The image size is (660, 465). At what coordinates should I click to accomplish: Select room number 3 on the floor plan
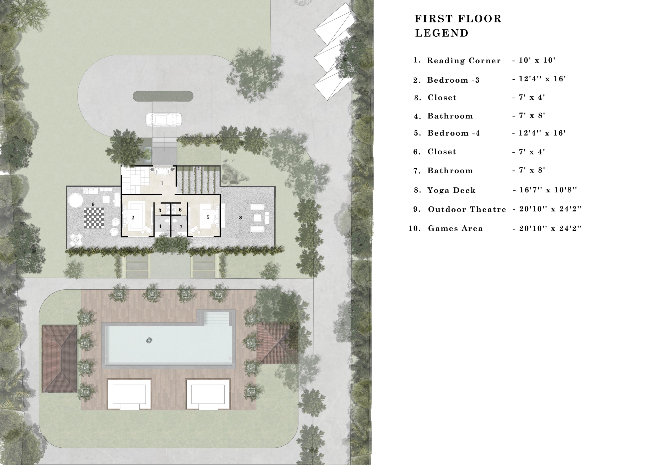pos(160,210)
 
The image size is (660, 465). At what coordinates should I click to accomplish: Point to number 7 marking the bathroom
pos(181,227)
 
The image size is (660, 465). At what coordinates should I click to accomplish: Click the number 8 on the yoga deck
pos(240,218)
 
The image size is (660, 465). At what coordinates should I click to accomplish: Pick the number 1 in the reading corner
pos(162,183)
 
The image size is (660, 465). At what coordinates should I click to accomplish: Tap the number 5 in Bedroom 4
pos(208,217)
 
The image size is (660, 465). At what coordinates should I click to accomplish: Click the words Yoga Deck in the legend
pos(451,190)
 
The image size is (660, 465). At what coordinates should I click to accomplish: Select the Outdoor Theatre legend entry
pos(467,209)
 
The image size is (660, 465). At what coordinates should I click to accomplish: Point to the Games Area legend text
pos(455,228)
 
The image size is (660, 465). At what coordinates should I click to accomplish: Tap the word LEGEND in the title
pos(442,33)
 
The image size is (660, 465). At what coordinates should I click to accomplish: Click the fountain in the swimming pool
pos(149,340)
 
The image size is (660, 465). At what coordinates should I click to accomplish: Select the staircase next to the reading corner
pos(131,180)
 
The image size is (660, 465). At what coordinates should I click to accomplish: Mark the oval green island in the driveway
pos(163,96)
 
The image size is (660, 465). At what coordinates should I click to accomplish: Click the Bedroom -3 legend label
pos(453,80)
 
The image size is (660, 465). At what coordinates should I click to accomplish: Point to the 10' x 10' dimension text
pos(537,60)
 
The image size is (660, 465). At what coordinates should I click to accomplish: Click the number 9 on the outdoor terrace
pos(93,204)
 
